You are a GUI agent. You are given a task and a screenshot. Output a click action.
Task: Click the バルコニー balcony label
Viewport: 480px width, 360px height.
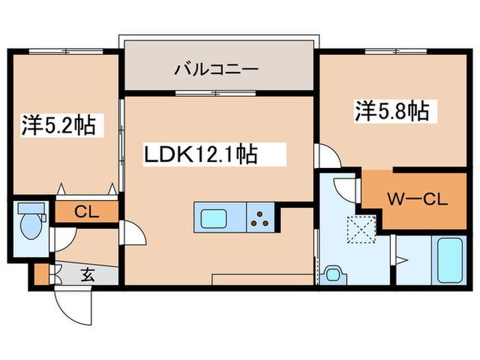tap(215, 69)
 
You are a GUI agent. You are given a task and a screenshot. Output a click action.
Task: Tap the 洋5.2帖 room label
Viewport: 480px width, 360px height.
tap(58, 125)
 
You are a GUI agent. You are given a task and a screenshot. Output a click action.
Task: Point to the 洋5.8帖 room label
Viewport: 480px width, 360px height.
tap(392, 112)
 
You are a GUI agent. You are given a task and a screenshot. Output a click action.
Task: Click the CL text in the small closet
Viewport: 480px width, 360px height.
tap(86, 212)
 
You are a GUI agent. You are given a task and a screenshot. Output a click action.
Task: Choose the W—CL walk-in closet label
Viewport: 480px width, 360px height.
tap(417, 200)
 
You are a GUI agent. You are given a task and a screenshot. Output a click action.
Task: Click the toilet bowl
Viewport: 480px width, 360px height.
tap(29, 226)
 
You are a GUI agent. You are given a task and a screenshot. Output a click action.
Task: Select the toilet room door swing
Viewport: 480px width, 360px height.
tap(64, 239)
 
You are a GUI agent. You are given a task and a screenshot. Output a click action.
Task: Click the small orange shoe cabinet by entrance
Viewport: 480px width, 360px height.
tap(41, 274)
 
